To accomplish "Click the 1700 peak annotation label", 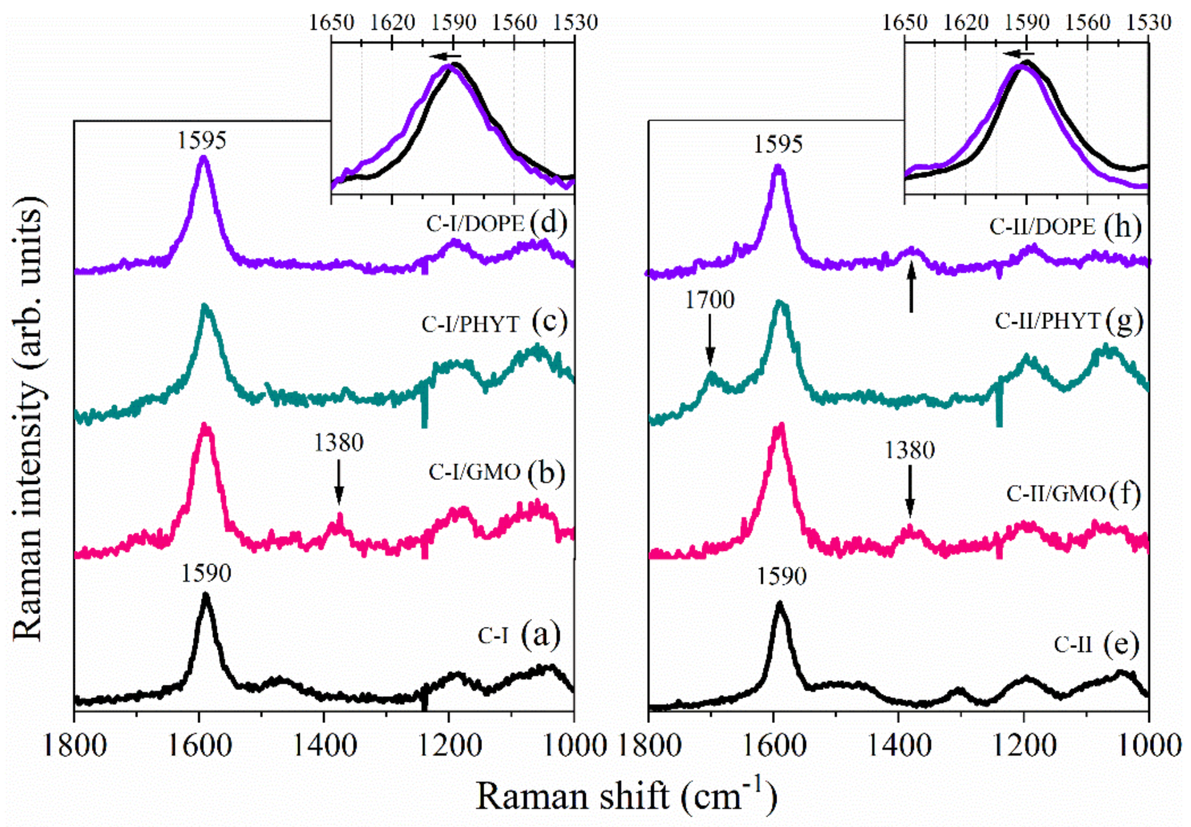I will point(710,300).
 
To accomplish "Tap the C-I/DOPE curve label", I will point(475,224).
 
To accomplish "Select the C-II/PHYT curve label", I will point(1047,322).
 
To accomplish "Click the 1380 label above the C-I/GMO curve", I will point(339,443).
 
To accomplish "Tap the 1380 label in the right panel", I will point(909,451).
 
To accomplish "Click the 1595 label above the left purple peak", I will point(202,141).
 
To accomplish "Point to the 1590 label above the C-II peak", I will point(782,576).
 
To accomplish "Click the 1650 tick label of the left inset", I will point(332,22).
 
